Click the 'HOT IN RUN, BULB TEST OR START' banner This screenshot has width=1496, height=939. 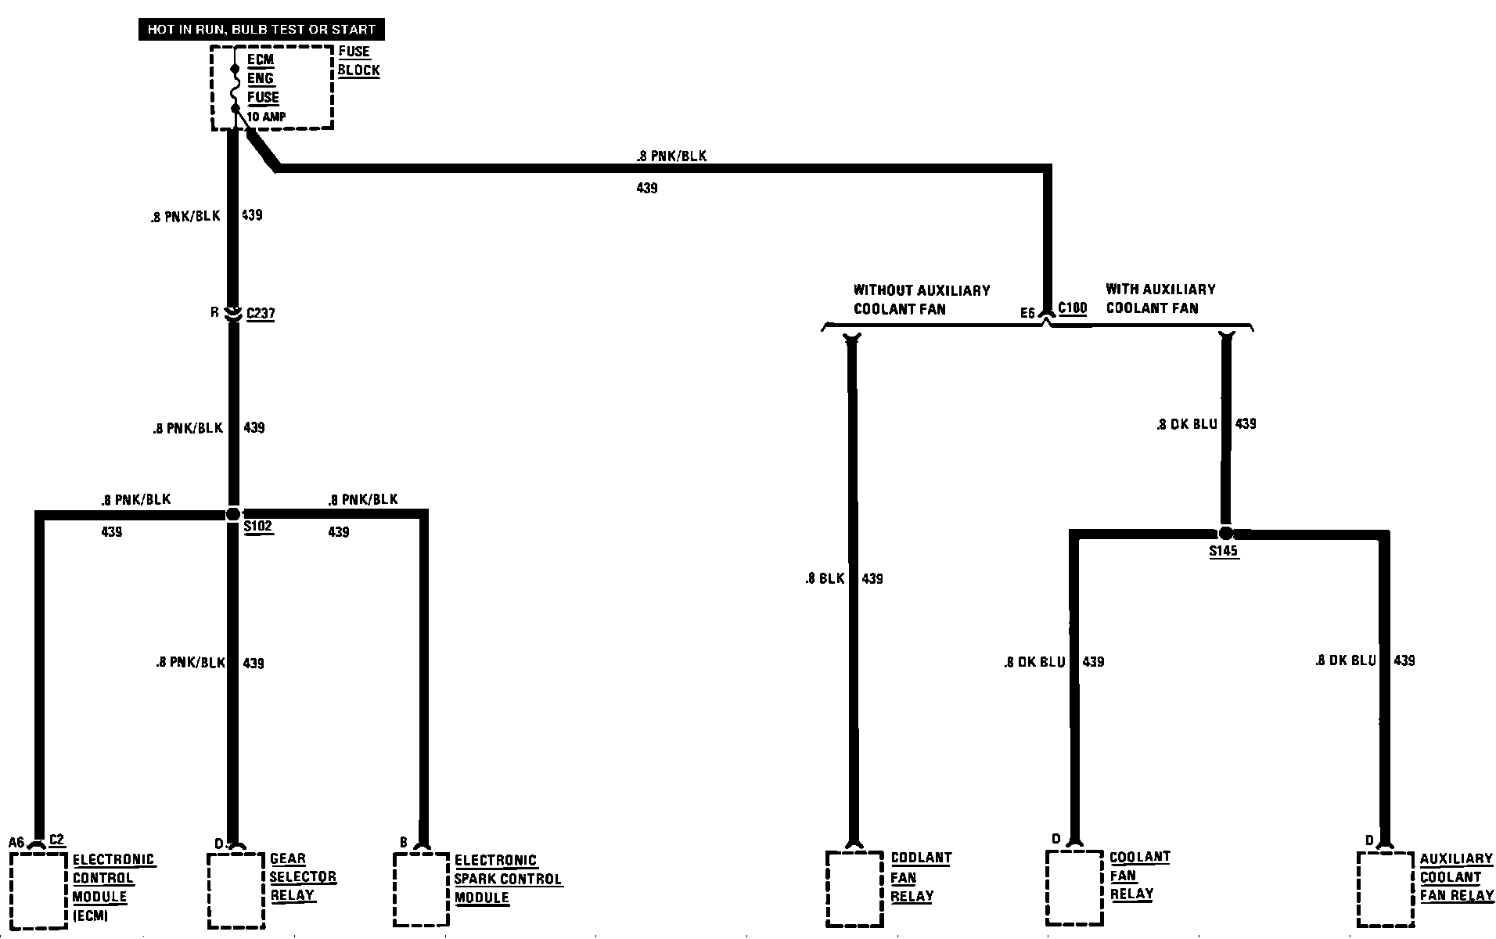261,31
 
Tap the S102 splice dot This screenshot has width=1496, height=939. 232,514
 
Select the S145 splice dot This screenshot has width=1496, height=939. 1225,533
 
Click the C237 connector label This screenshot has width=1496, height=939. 261,314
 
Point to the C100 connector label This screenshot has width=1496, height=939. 1072,308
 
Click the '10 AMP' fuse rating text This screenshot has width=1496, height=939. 266,117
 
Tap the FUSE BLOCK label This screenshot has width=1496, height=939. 358,61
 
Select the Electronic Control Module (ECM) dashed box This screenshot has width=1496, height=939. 38,890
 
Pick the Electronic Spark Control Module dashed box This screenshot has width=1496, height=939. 421,890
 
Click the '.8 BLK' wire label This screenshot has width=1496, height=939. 825,579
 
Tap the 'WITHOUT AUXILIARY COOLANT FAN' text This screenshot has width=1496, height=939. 921,300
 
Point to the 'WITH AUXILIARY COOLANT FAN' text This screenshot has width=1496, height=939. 1160,298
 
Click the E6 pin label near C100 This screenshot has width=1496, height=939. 1027,313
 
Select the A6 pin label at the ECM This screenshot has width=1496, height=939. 17,843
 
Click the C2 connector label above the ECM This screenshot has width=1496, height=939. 56,840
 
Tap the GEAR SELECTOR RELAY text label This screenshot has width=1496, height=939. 303,877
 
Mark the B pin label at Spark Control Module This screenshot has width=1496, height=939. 404,843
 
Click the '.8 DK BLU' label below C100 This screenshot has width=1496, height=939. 1186,424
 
